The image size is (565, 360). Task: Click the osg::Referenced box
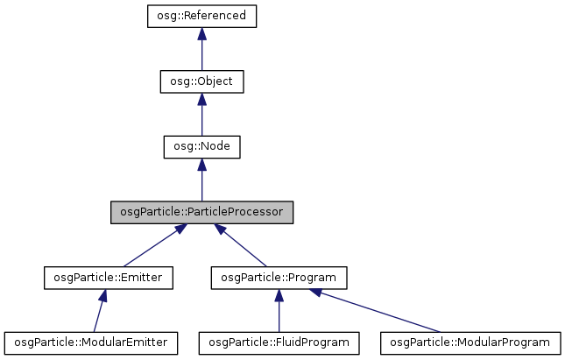201,16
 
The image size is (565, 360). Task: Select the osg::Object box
201,81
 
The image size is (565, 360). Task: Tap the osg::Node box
201,146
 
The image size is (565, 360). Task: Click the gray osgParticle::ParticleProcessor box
201,212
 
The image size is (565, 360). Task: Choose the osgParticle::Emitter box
109,278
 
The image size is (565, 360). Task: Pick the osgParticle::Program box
279,278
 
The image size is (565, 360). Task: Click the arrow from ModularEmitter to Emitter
100,312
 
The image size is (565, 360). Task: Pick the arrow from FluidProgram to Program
279,312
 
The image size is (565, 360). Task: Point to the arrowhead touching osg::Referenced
201,33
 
